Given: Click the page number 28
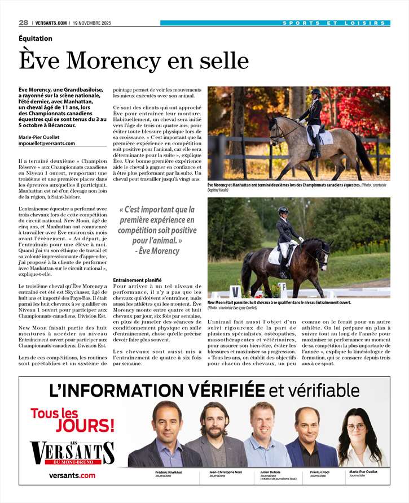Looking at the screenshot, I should point(23,23).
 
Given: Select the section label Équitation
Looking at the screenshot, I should point(36,38).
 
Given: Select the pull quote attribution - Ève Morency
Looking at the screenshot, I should point(157,251).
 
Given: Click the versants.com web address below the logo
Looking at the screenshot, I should point(72,476).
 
